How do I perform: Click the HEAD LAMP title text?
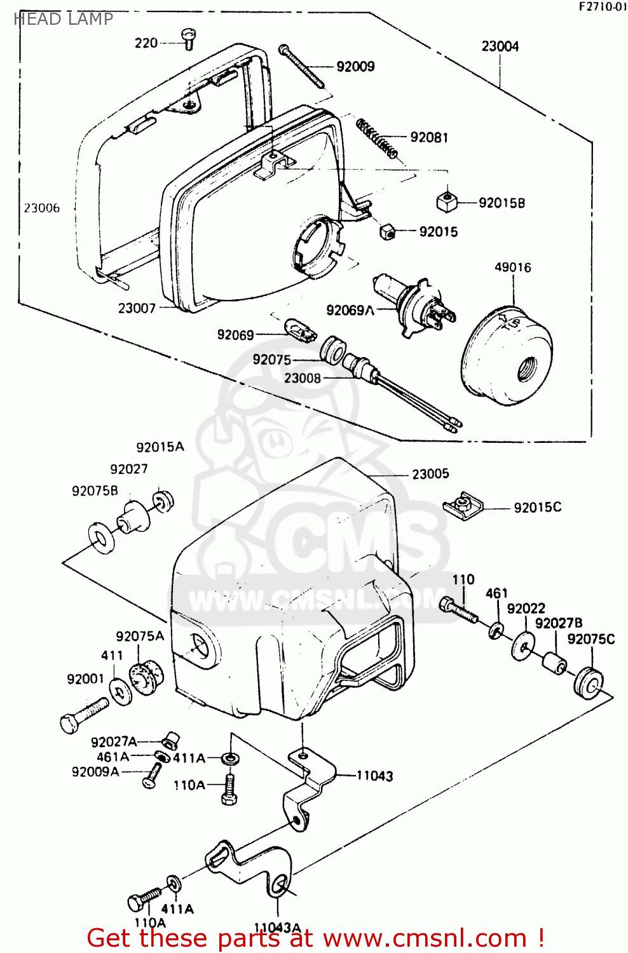[63, 19]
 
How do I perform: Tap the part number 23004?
[500, 46]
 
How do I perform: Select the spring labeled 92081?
[377, 139]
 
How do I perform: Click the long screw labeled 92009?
[301, 66]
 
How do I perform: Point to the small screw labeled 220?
[188, 39]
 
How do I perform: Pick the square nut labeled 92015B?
[447, 202]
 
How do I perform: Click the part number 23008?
[303, 378]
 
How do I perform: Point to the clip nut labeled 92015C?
[463, 505]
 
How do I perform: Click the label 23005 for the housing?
[430, 474]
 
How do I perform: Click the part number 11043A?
[277, 928]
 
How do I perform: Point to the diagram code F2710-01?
[602, 7]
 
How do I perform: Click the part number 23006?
[42, 208]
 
